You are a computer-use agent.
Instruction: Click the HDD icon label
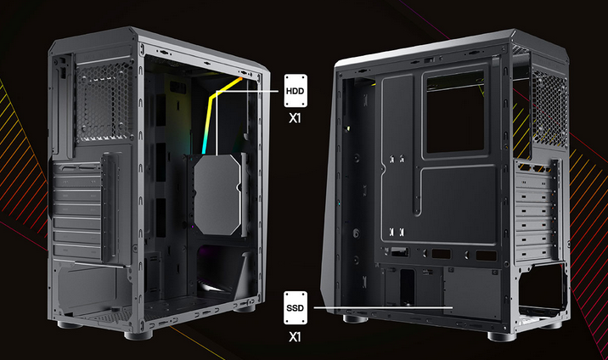[296, 91]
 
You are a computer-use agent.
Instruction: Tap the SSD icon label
[296, 308]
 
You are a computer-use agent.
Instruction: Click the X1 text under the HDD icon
[295, 118]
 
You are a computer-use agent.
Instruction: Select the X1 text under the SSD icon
[295, 337]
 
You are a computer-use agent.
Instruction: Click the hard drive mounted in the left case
[217, 194]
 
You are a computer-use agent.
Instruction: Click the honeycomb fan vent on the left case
[104, 102]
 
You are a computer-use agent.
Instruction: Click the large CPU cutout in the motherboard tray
[455, 112]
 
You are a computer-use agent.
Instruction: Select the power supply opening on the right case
[542, 288]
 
